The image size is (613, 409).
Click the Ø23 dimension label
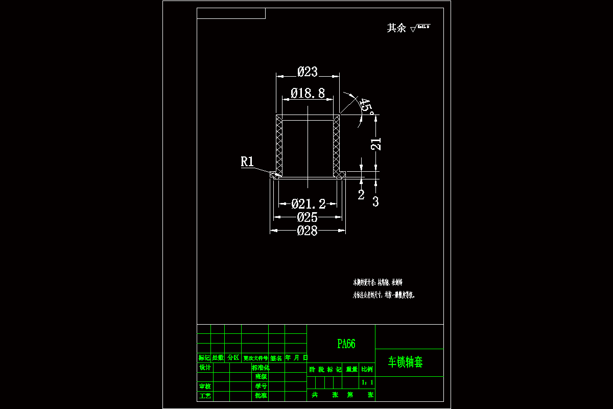308,72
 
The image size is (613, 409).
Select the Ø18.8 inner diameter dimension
308,93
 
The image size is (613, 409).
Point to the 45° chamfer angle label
366,106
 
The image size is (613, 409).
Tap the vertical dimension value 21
375,144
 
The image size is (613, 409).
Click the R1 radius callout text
247,162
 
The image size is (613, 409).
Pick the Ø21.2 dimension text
308,204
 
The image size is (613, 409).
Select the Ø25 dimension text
308,217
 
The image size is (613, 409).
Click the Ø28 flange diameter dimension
308,231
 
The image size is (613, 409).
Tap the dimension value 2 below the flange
361,195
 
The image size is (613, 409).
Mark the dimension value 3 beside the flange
375,202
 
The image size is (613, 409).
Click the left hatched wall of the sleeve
279,144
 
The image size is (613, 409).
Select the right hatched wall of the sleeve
336,144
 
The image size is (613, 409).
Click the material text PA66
346,344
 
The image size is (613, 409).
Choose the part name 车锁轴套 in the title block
406,362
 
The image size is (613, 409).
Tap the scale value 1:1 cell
367,382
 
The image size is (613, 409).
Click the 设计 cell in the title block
204,368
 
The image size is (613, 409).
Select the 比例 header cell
367,369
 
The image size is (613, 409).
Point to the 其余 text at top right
396,28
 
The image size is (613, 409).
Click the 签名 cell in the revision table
276,358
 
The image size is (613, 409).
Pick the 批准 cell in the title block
261,396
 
